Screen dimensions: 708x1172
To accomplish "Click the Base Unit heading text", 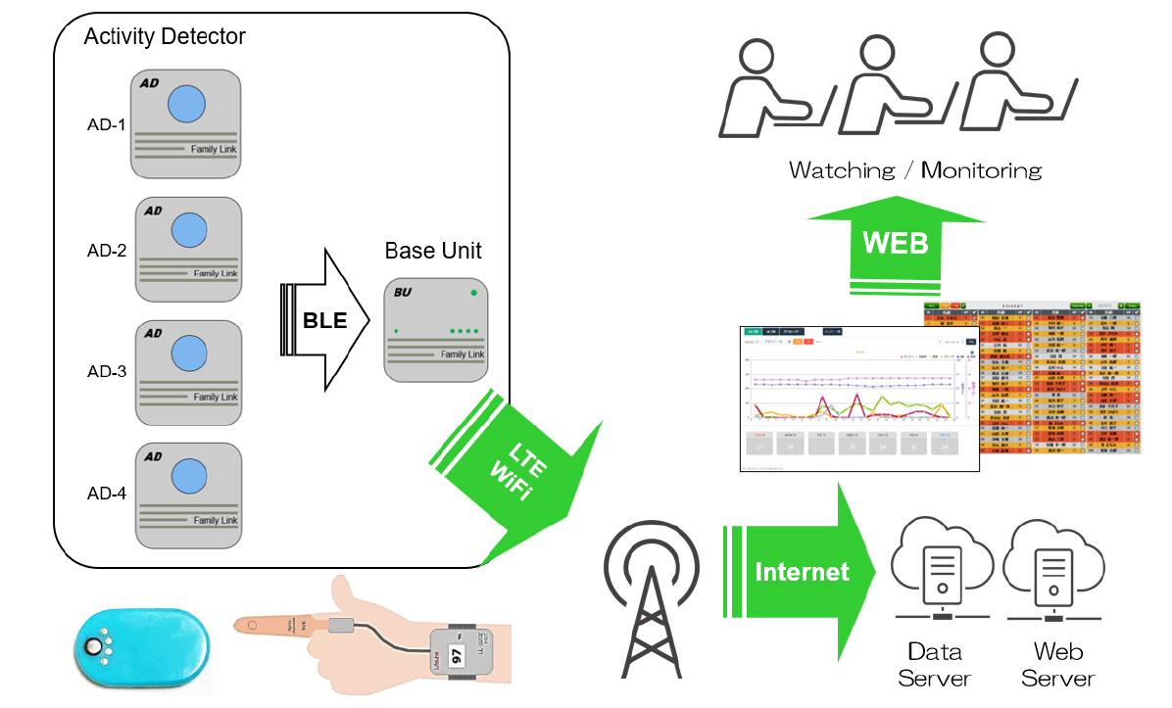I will (x=433, y=251).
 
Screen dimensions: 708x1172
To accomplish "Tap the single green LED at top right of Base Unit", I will (x=473, y=293).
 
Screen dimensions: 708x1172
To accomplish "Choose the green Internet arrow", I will (x=799, y=571).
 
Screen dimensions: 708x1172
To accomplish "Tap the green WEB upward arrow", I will (x=895, y=242).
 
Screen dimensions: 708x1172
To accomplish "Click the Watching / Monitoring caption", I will (x=915, y=170).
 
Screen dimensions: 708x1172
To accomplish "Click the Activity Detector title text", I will (x=165, y=37).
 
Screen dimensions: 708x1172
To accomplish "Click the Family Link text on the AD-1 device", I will (x=213, y=149).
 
